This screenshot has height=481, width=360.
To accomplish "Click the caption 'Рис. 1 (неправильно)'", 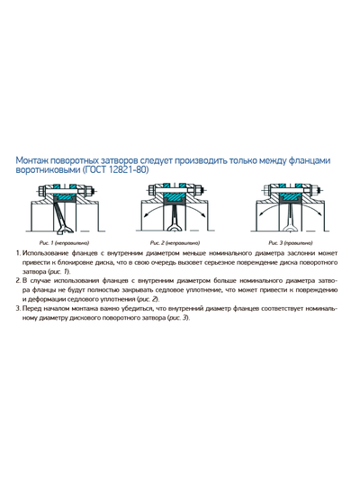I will tap(62, 243).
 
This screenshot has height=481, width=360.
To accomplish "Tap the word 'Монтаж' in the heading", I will tap(36, 160).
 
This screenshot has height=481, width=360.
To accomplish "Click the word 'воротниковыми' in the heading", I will tap(49, 170).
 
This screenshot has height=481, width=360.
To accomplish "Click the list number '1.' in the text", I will tap(19, 255).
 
